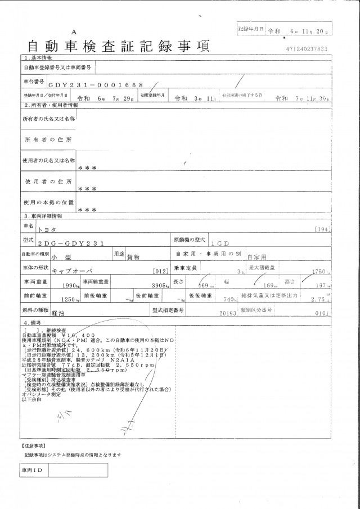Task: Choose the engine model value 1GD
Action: tap(220, 244)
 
